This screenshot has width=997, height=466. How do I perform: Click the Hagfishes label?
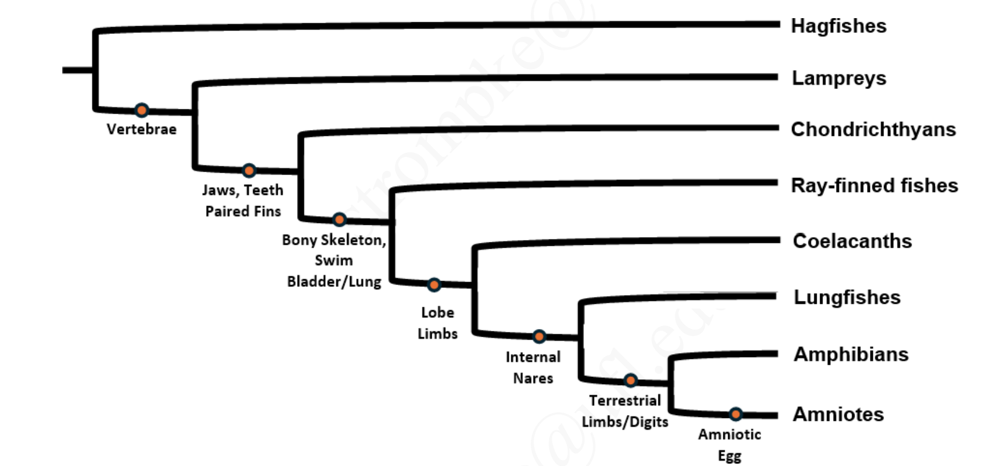pos(838,26)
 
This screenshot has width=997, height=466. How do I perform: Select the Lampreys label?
pos(839,78)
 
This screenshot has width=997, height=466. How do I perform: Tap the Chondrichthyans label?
pos(873,129)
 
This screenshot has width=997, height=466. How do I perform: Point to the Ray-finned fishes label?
pos(874,186)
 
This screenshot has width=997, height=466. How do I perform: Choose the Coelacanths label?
pos(852,241)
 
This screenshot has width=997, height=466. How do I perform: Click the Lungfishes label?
pos(846,297)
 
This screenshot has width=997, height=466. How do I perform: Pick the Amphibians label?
pos(851,354)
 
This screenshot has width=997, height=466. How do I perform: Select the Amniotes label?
pos(838,414)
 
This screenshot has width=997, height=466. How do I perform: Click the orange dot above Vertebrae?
pos(141,110)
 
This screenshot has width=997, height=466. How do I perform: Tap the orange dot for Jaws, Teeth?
pos(249,170)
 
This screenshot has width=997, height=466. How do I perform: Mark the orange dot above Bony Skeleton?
pos(339,220)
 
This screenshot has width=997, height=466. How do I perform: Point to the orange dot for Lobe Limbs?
pos(433,285)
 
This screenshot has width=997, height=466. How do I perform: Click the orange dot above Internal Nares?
pos(539,336)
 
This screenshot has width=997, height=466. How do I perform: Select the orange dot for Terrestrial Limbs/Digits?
pos(630,381)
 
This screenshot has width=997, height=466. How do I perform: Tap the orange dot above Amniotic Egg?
pos(735,414)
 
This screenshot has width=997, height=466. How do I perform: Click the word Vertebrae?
pos(141,129)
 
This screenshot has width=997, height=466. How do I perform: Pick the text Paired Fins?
pos(243,211)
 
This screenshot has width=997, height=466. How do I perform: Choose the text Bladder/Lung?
pos(334,282)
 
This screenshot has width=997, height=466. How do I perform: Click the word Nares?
pos(533,378)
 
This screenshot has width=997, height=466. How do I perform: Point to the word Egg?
pos(729,456)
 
